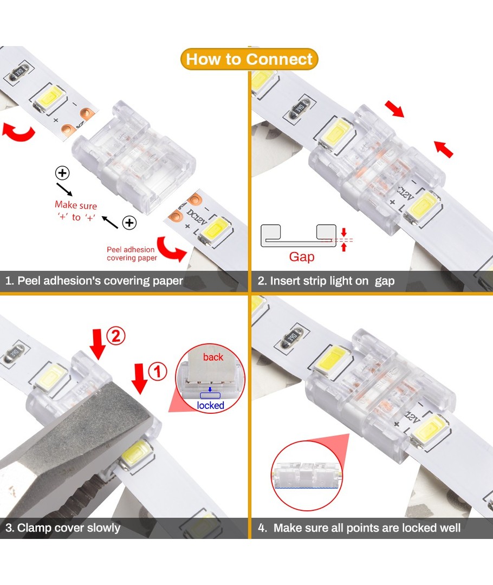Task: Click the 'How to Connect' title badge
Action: (249, 59)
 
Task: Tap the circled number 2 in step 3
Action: (116, 336)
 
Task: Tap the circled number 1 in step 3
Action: (158, 372)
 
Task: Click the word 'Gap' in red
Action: (302, 257)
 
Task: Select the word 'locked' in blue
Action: (211, 406)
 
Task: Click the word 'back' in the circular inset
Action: (213, 357)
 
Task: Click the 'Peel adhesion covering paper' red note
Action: (132, 253)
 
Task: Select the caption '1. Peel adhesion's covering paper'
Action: (94, 281)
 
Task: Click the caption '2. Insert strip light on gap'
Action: (326, 281)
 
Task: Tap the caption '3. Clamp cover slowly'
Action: (63, 528)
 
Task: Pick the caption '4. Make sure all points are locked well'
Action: (359, 528)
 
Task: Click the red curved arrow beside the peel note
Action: (170, 249)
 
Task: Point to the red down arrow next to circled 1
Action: (140, 378)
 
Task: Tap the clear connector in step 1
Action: (134, 156)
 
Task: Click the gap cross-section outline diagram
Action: (299, 236)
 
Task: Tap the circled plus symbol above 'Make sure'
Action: (62, 173)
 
